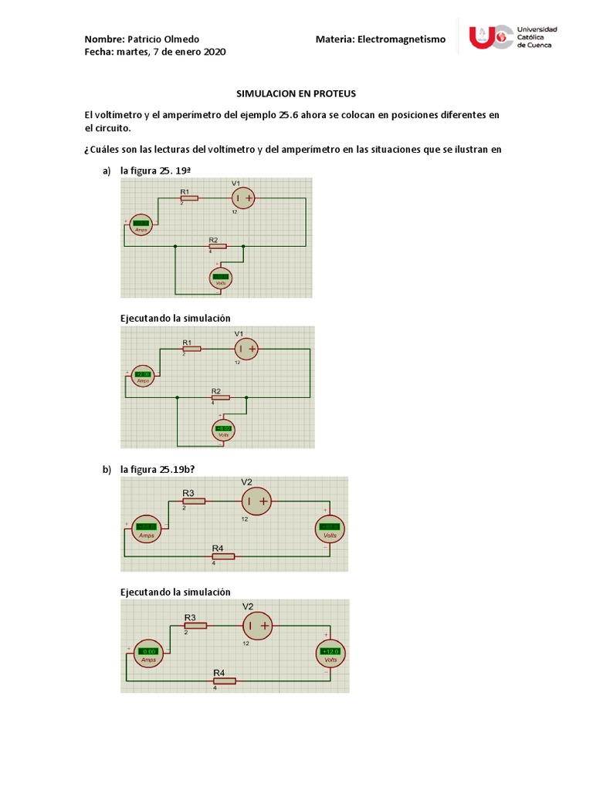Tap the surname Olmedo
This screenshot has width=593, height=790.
(181, 39)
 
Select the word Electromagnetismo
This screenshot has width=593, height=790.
(402, 39)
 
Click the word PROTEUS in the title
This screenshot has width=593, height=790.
(333, 93)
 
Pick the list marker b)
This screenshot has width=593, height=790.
(107, 468)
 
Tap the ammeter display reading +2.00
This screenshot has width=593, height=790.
(143, 374)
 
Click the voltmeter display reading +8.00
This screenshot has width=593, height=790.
(224, 428)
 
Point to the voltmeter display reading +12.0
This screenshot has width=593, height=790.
(330, 652)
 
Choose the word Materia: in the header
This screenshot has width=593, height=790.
(334, 39)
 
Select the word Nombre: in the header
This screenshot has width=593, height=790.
(103, 39)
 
